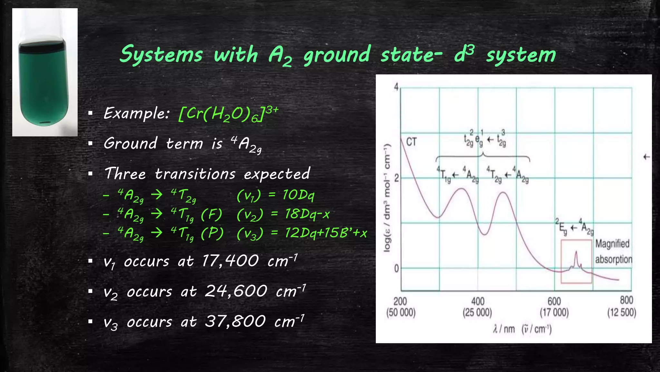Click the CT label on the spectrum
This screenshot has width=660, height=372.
tap(411, 142)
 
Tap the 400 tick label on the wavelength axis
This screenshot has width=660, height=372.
tap(478, 302)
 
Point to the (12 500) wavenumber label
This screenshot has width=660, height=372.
tap(622, 313)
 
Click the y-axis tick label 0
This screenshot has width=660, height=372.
tap(396, 268)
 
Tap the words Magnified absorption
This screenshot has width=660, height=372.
tap(613, 251)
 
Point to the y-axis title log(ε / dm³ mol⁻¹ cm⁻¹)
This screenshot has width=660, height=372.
tap(387, 198)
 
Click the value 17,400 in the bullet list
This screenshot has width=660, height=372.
tap(230, 261)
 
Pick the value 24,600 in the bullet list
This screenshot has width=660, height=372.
tap(236, 291)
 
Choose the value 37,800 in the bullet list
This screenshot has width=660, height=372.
tap(235, 322)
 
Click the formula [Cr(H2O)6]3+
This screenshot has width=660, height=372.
tap(228, 114)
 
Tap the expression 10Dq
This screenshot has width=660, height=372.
tap(298, 195)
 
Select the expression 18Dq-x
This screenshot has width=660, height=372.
tap(307, 214)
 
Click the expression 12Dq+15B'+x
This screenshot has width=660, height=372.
tap(325, 233)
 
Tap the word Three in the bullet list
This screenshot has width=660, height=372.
tap(125, 174)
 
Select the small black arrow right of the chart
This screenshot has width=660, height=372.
tap(646, 157)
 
